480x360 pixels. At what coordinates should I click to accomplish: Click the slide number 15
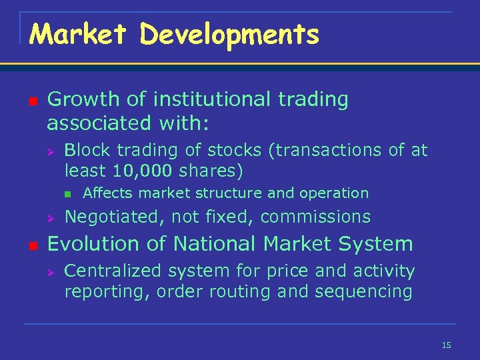click(x=446, y=345)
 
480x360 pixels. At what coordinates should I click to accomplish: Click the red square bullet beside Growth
click(x=33, y=101)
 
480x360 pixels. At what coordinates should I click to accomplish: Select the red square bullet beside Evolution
click(x=33, y=245)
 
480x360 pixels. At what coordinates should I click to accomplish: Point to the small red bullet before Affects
click(x=69, y=194)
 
